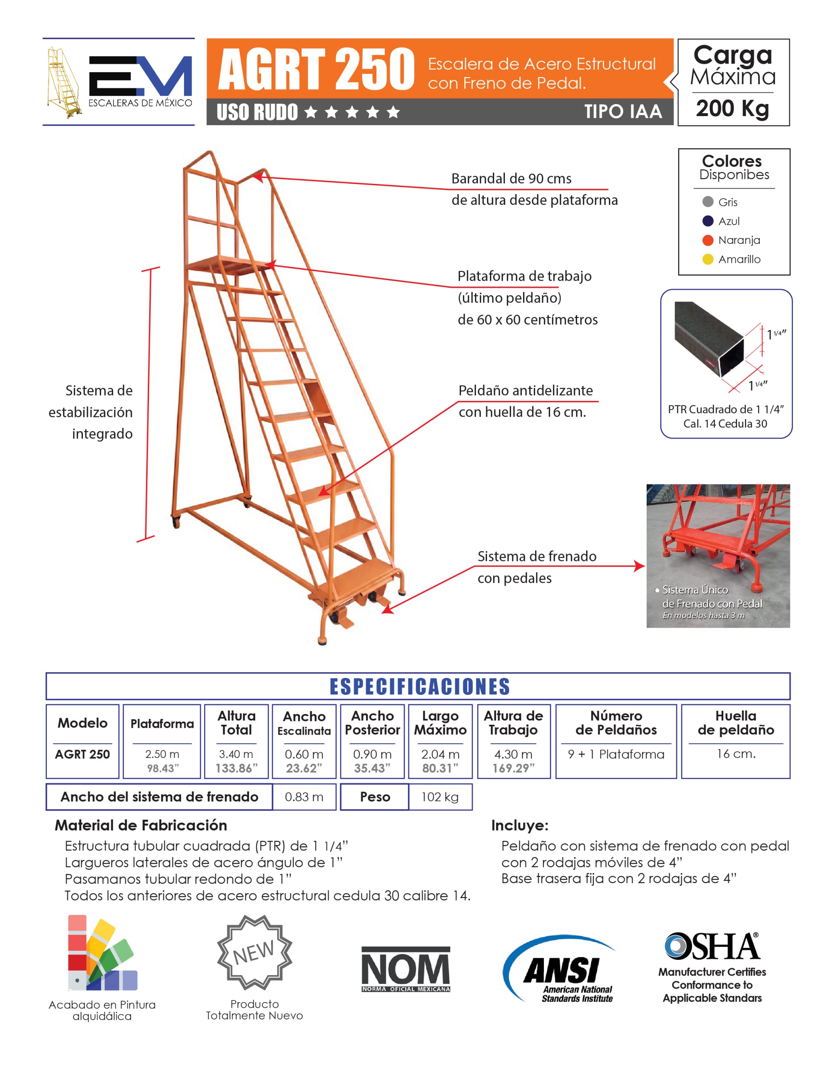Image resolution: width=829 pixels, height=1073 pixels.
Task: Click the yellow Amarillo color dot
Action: pyautogui.click(x=707, y=259)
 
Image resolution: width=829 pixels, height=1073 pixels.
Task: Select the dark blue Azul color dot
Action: pyautogui.click(x=707, y=221)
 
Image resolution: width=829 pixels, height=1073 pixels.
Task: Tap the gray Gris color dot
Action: pyautogui.click(x=707, y=202)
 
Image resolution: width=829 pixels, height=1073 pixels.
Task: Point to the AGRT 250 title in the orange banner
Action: pyautogui.click(x=316, y=69)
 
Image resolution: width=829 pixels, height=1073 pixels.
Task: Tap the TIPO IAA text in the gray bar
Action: pyautogui.click(x=623, y=112)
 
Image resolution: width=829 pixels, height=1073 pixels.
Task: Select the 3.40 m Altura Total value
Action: pyautogui.click(x=236, y=754)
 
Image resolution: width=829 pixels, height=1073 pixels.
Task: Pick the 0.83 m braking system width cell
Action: pyautogui.click(x=304, y=796)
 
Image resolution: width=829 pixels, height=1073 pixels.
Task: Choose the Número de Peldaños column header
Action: pyautogui.click(x=616, y=723)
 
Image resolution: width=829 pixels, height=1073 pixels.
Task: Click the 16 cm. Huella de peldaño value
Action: pyautogui.click(x=736, y=754)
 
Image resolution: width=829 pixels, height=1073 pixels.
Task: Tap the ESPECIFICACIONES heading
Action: pyautogui.click(x=419, y=686)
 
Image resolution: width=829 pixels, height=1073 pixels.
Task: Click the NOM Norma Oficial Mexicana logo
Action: pyautogui.click(x=406, y=969)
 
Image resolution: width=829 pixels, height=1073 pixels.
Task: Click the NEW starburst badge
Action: pyautogui.click(x=255, y=952)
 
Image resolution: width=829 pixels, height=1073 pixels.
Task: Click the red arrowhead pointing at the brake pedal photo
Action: pyautogui.click(x=640, y=566)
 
